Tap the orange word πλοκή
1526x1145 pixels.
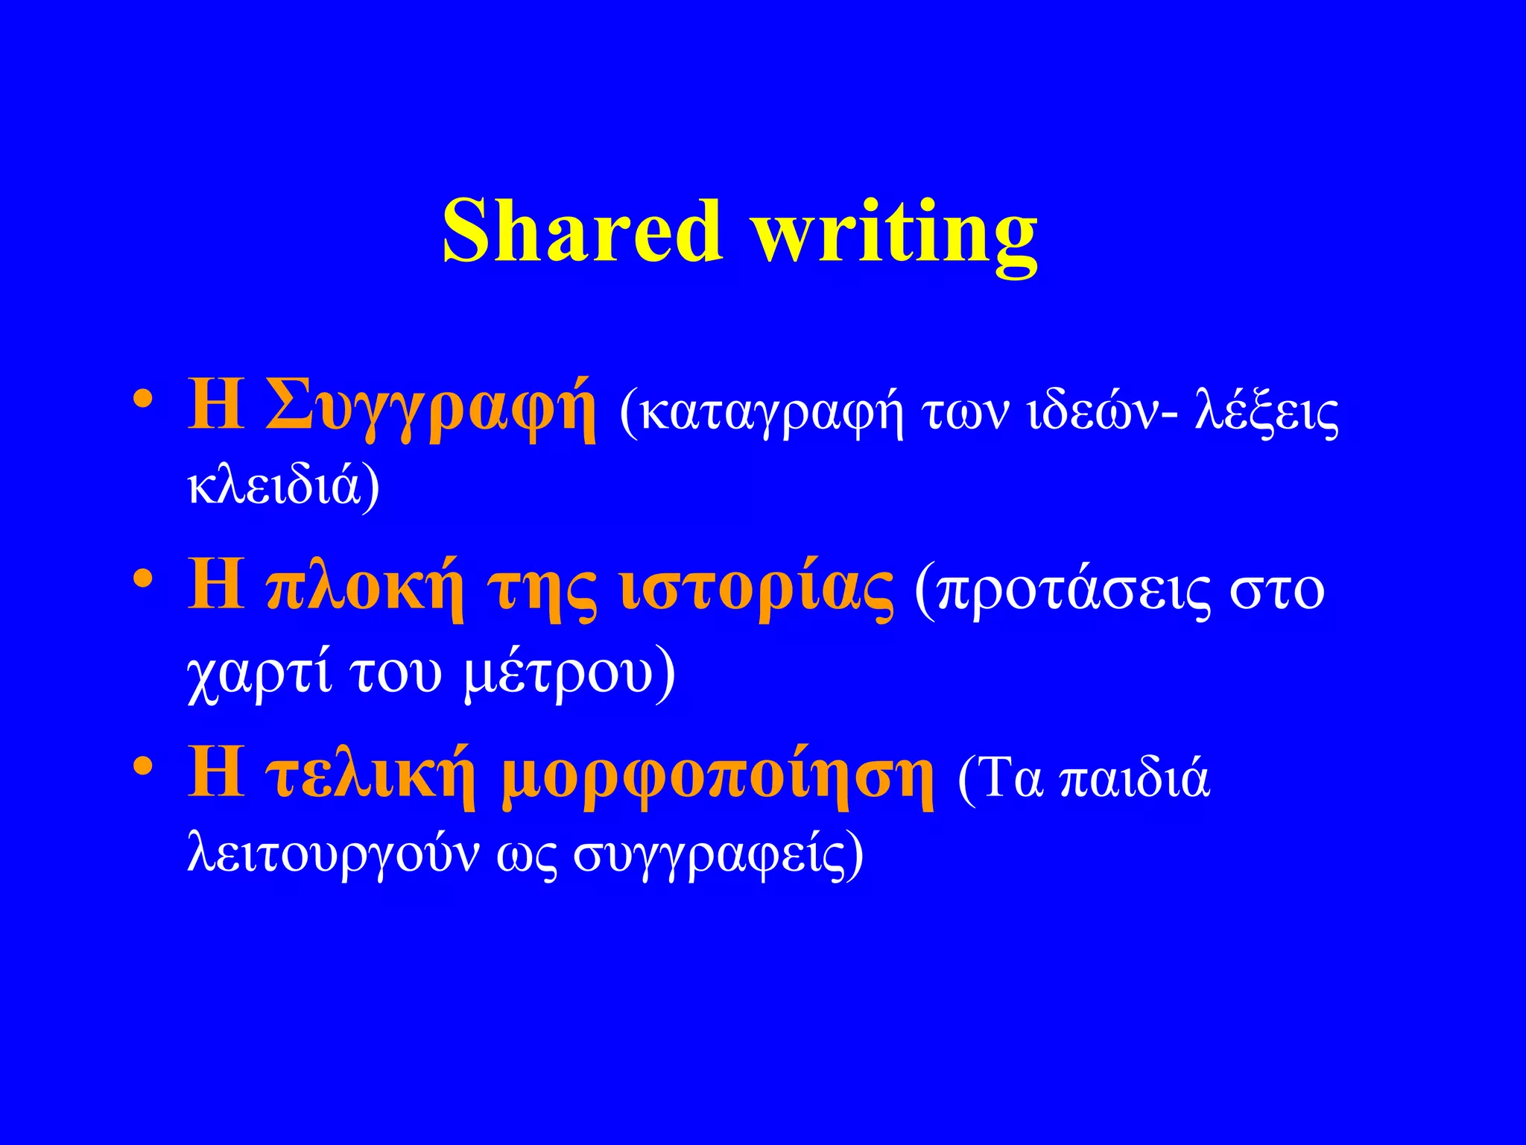(364, 589)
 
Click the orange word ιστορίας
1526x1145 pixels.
(757, 589)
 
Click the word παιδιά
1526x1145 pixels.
(1134, 779)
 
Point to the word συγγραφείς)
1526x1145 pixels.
(718, 855)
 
